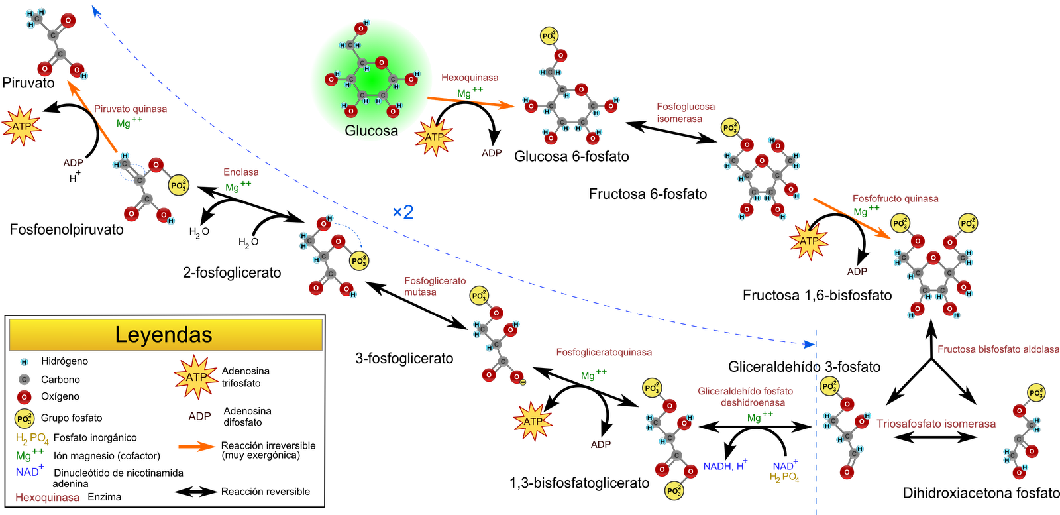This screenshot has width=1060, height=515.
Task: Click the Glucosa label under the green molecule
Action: click(x=371, y=130)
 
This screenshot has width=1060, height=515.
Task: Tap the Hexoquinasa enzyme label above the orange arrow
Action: click(x=470, y=77)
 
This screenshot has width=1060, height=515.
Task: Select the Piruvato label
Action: click(x=28, y=83)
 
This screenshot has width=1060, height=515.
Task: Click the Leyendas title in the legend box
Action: click(x=164, y=335)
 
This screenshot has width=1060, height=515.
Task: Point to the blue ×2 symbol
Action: click(x=403, y=212)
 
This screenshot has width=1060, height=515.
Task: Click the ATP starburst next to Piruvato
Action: click(x=21, y=127)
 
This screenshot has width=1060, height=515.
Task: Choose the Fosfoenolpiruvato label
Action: click(x=66, y=229)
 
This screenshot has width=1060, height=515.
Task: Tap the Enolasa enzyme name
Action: click(x=241, y=172)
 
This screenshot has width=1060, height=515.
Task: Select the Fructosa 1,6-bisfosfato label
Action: click(x=817, y=296)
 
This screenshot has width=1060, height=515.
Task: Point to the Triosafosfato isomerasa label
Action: click(x=935, y=424)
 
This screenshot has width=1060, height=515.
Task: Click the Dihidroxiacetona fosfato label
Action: click(x=980, y=493)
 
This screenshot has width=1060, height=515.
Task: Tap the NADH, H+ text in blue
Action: click(x=725, y=465)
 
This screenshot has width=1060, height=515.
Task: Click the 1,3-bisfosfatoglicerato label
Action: click(x=579, y=483)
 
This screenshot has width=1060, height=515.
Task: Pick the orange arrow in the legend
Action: click(x=197, y=446)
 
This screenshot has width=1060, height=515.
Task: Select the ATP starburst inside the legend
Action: click(x=196, y=377)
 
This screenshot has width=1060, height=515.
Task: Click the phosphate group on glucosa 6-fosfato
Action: click(x=549, y=36)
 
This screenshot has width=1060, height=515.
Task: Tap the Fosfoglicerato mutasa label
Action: click(x=435, y=286)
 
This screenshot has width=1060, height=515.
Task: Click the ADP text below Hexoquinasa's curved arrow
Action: click(x=492, y=153)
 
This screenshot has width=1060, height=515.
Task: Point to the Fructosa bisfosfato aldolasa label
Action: click(x=998, y=349)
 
